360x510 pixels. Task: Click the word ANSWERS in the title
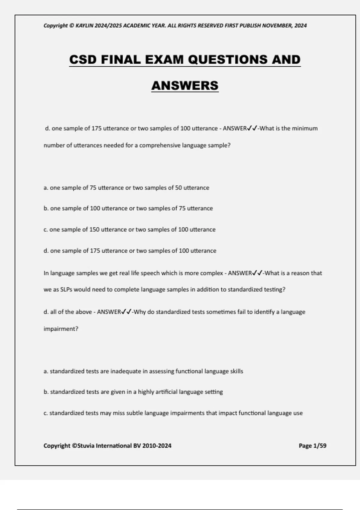(x=185, y=85)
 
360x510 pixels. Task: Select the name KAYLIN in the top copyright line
(x=84, y=25)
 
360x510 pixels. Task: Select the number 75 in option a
(x=93, y=188)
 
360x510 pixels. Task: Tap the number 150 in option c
(x=94, y=229)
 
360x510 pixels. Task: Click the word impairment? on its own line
(x=61, y=329)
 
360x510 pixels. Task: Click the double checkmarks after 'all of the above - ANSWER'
(x=127, y=312)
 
